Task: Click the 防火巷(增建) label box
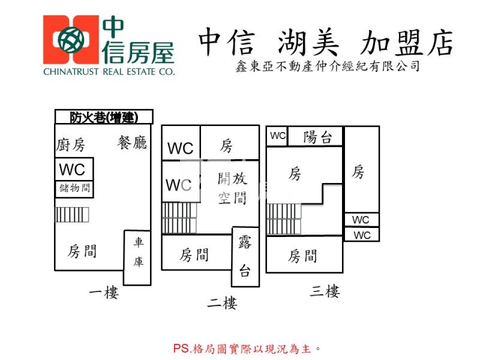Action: pyautogui.click(x=104, y=117)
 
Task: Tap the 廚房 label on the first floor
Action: pyautogui.click(x=71, y=145)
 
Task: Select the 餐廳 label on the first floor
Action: pyautogui.click(x=133, y=143)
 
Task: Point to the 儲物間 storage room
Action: pyautogui.click(x=74, y=189)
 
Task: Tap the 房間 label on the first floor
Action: pyautogui.click(x=83, y=251)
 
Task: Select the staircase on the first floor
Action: pyautogui.click(x=72, y=215)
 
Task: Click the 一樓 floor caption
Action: pyautogui.click(x=104, y=293)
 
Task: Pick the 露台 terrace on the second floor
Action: pyautogui.click(x=245, y=257)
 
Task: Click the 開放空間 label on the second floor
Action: pyautogui.click(x=232, y=188)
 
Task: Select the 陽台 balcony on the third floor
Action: pyautogui.click(x=317, y=137)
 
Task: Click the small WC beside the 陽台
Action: pyautogui.click(x=277, y=136)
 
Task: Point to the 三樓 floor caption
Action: pyautogui.click(x=325, y=292)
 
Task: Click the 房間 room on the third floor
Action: pyautogui.click(x=302, y=256)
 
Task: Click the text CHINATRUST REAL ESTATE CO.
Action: pyautogui.click(x=109, y=71)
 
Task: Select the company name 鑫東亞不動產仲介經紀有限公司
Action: pyautogui.click(x=328, y=67)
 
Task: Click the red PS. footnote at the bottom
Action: pyautogui.click(x=247, y=348)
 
